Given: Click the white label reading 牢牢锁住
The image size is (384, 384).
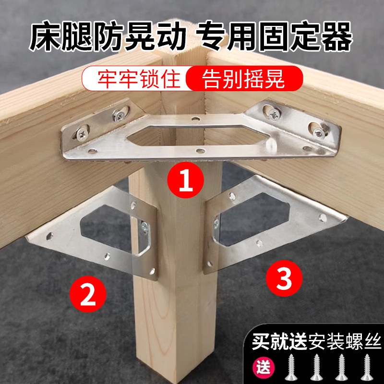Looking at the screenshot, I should coord(133,78).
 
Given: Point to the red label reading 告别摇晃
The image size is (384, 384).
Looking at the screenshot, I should coord(243,78).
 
